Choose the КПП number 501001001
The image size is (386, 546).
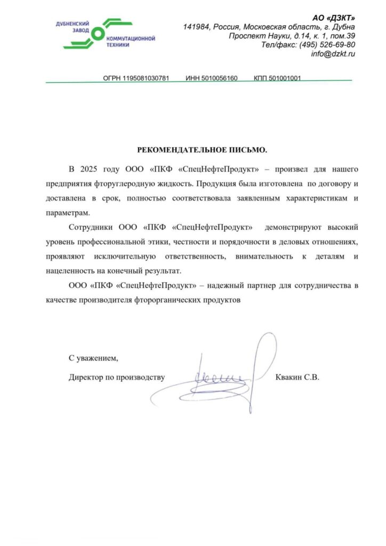pos(285,78)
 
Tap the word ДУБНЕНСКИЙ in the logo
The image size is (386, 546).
pos(72,24)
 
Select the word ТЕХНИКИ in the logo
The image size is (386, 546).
pos(118,45)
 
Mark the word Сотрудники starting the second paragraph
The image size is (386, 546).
pos(89,228)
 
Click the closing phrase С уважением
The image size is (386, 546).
pos(93,357)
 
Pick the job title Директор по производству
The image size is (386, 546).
pos(117,378)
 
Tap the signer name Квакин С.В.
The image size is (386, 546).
pos(297,378)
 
